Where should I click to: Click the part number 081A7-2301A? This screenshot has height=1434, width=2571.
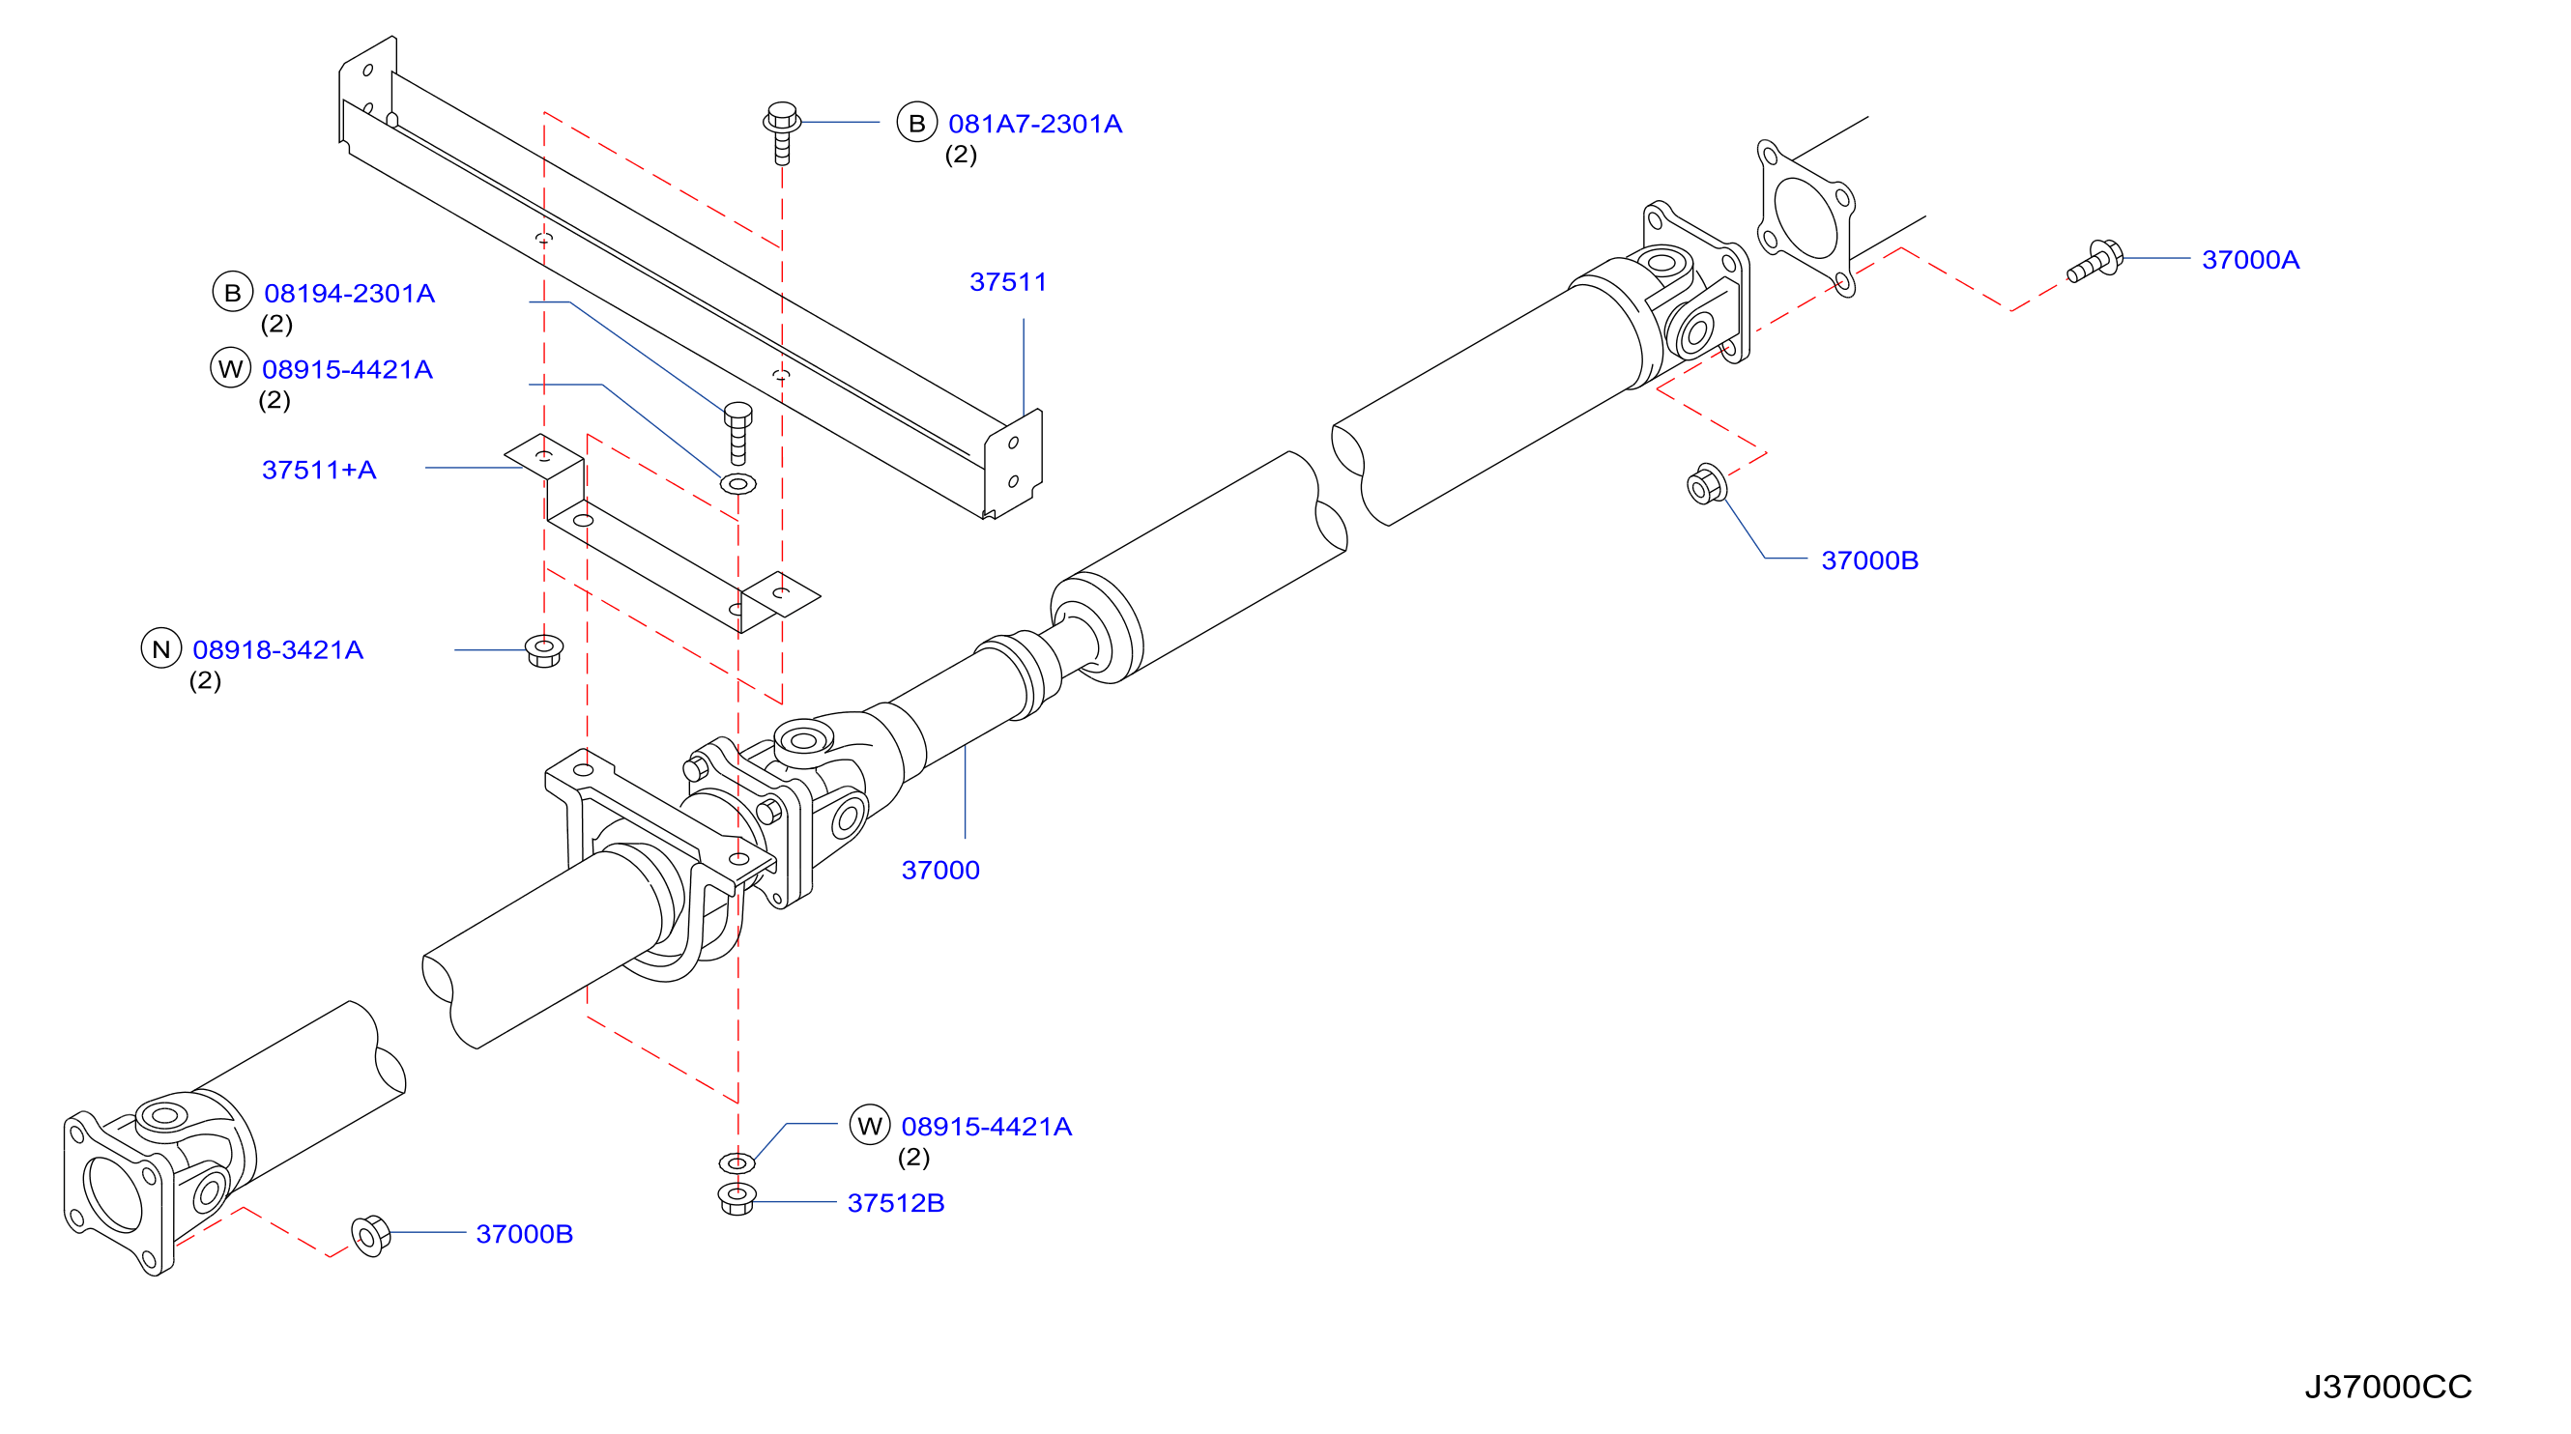coord(1035,124)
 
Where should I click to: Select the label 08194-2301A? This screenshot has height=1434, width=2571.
coord(349,294)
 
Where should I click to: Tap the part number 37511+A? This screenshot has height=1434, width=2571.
coord(319,470)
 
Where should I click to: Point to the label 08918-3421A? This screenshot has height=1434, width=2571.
coord(277,649)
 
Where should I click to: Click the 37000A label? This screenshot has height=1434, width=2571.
coord(2251,260)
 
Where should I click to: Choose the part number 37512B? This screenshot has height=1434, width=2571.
coord(895,1202)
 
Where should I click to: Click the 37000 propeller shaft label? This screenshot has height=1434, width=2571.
coord(940,871)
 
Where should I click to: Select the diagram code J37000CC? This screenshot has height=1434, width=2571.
coord(2387,1387)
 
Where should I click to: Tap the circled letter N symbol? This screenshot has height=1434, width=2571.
coord(161,648)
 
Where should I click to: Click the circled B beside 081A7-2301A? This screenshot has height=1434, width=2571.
coord(916,123)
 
